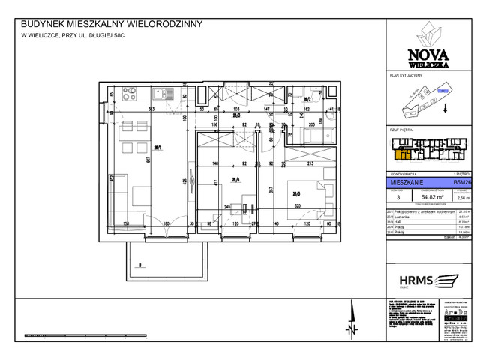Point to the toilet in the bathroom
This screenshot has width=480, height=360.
[316, 97]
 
